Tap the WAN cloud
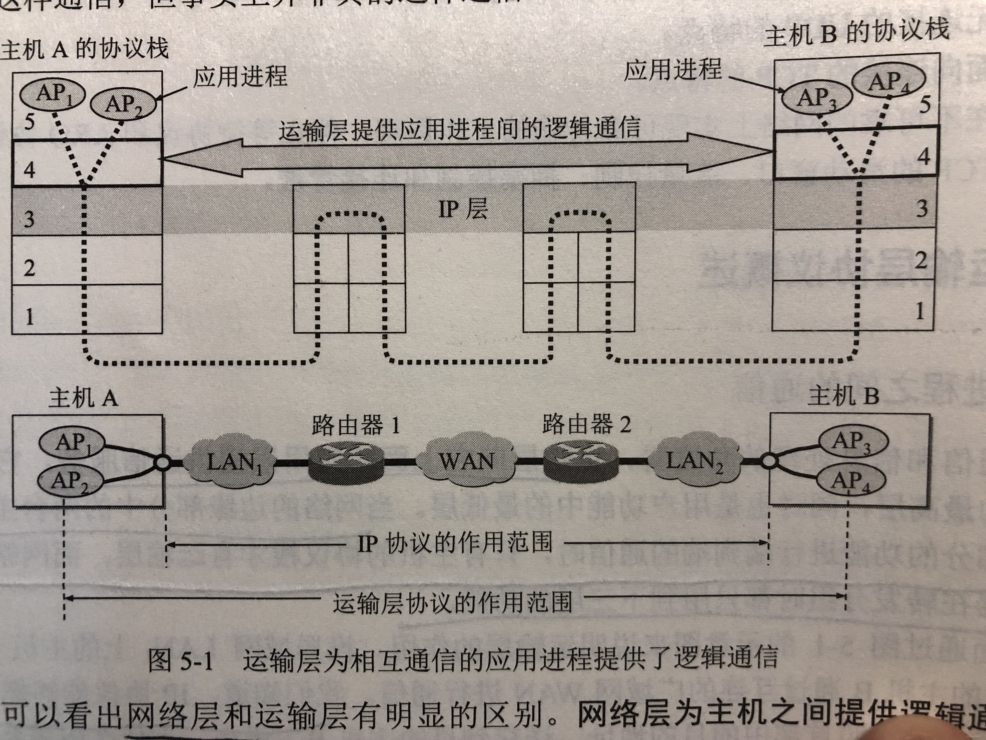(x=466, y=461)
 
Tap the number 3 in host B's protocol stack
(x=922, y=208)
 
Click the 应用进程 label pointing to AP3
(x=672, y=70)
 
